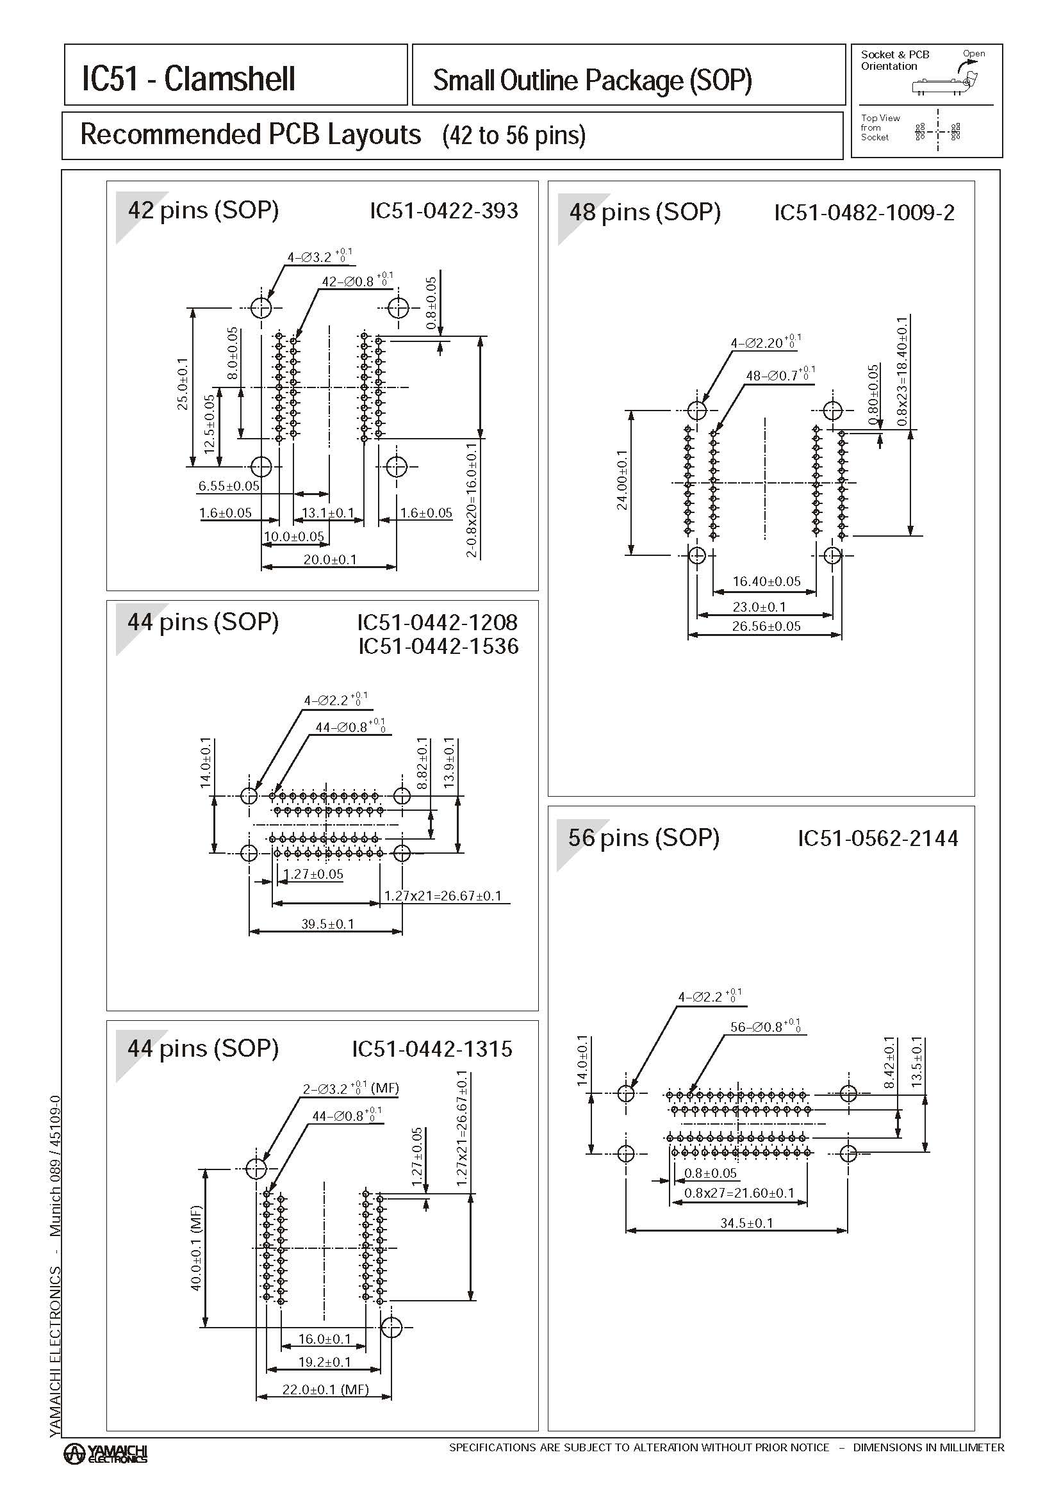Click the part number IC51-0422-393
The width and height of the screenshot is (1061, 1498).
pos(443,211)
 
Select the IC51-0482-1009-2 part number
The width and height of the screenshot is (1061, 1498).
pos(864,213)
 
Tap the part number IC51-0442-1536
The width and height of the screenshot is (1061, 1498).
pos(438,646)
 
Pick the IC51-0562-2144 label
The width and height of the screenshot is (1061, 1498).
pos(877,838)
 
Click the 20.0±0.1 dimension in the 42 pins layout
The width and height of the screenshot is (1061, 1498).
pos(330,559)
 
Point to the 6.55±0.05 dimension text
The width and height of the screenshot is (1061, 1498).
pos(229,486)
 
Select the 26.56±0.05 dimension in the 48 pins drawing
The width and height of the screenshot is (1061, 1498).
pos(766,626)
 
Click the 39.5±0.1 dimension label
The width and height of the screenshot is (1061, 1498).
pos(327,924)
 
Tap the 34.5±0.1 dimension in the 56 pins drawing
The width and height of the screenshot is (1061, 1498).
pos(746,1223)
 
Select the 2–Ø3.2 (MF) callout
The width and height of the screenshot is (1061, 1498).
pos(350,1089)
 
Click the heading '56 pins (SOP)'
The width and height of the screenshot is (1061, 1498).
pos(643,837)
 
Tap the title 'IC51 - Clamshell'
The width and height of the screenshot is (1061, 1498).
pos(188,79)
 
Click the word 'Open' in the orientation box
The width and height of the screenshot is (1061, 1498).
pos(973,54)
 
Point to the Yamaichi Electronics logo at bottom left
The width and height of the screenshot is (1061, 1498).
pos(105,1454)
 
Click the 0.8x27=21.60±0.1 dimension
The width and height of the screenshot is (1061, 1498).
pos(739,1193)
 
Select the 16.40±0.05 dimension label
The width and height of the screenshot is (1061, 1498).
pos(766,581)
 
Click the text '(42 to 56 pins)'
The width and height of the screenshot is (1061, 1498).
pos(513,135)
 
